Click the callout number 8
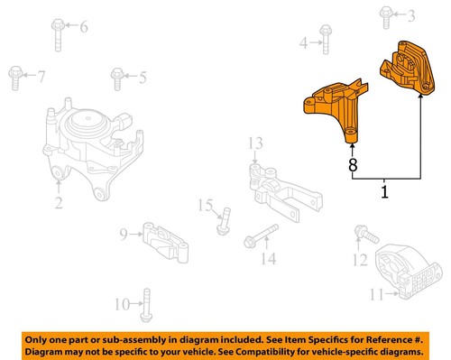pyautogui.click(x=353, y=165)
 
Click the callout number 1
pyautogui.click(x=385, y=192)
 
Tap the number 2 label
pyautogui.click(x=58, y=203)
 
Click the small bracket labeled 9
pyautogui.click(x=163, y=241)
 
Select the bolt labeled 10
pyautogui.click(x=146, y=304)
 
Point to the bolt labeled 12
pyautogui.click(x=363, y=234)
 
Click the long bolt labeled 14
pyautogui.click(x=262, y=238)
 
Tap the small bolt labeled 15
pyautogui.click(x=223, y=217)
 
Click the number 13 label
pyautogui.click(x=255, y=143)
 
